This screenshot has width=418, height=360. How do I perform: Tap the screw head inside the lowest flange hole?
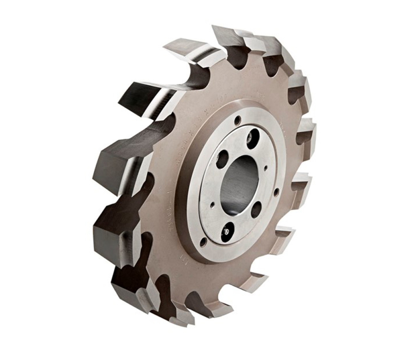click(x=227, y=232)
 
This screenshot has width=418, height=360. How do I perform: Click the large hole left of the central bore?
click(x=222, y=159)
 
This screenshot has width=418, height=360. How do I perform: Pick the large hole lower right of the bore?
click(x=256, y=209)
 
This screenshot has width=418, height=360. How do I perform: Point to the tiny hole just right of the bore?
click(x=265, y=167)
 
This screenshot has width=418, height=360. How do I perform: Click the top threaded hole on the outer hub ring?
click(x=237, y=121)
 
